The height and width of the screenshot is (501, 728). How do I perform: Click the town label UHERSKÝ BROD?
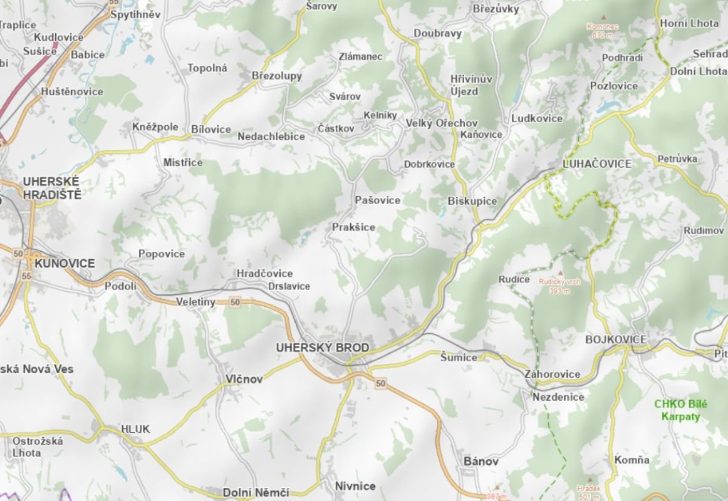pyautogui.click(x=322, y=348)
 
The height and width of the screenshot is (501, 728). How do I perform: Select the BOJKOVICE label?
pyautogui.click(x=615, y=339)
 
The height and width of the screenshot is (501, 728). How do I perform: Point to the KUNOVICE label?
pyautogui.click(x=65, y=264)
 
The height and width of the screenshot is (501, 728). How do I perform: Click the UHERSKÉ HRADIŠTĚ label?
pyautogui.click(x=52, y=188)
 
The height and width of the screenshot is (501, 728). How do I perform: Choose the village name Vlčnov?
pyautogui.click(x=244, y=379)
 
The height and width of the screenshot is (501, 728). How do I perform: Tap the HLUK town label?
pyautogui.click(x=135, y=429)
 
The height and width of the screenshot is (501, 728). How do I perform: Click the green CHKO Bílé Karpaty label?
pyautogui.click(x=677, y=410)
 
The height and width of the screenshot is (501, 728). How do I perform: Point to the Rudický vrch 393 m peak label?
pyautogui.click(x=559, y=286)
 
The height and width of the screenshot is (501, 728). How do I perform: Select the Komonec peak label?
pyautogui.click(x=602, y=30)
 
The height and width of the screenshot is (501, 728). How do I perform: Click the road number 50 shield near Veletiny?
pyautogui.click(x=235, y=302)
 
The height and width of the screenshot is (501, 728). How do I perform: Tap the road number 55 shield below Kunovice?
pyautogui.click(x=26, y=276)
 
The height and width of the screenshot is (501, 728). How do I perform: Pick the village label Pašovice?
pyautogui.click(x=377, y=200)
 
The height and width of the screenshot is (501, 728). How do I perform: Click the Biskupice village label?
pyautogui.click(x=472, y=201)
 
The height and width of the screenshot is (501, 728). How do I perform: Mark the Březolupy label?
pyautogui.click(x=276, y=76)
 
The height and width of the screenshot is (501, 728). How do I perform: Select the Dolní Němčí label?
pyautogui.click(x=256, y=492)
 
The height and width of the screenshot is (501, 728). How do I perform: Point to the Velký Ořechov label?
pyautogui.click(x=442, y=123)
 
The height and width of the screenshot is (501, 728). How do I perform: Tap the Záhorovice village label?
pyautogui.click(x=553, y=374)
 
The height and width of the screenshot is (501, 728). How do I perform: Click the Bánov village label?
pyautogui.click(x=481, y=462)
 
